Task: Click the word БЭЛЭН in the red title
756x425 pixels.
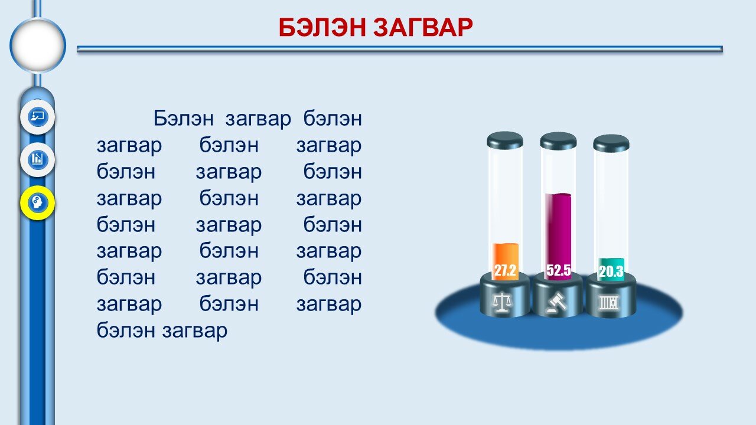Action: tap(322, 27)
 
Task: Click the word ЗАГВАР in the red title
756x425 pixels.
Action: tap(423, 27)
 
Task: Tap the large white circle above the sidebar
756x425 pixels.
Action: tap(38, 45)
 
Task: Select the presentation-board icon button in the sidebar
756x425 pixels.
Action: tap(37, 117)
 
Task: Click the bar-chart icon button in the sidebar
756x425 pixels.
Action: tap(37, 159)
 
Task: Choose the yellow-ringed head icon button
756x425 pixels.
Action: tap(37, 202)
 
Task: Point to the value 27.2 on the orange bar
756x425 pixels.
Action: tap(505, 270)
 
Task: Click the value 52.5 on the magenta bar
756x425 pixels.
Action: tap(559, 270)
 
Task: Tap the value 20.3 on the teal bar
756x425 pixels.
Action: tap(611, 271)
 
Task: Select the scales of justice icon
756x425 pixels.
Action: tap(503, 302)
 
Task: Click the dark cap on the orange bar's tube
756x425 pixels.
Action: tap(505, 140)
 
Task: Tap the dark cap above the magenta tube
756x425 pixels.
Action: tap(558, 140)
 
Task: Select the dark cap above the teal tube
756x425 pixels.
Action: tap(611, 143)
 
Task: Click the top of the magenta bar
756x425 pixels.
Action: tap(559, 195)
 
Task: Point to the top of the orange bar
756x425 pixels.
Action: tap(505, 244)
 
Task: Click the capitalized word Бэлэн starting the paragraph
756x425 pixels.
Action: tap(184, 119)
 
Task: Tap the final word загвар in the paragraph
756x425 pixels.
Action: tap(195, 331)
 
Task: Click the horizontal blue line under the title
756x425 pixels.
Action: tap(400, 49)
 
